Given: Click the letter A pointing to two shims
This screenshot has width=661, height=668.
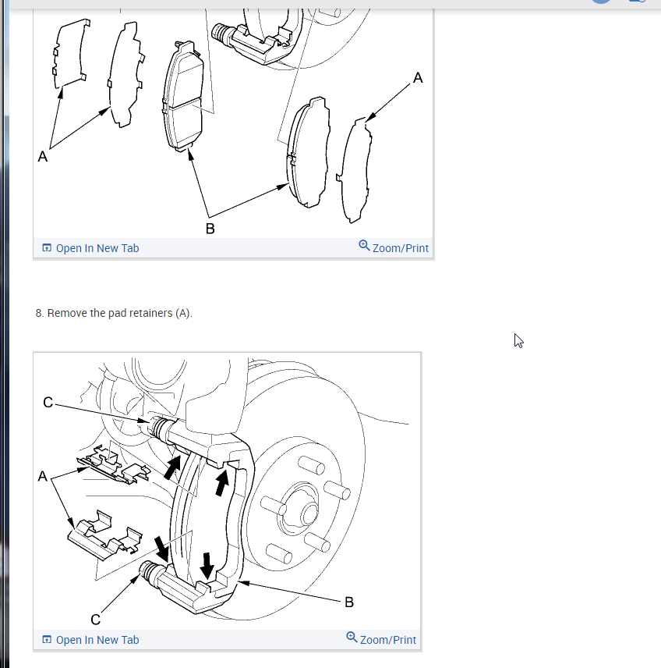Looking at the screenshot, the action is pyautogui.click(x=43, y=156).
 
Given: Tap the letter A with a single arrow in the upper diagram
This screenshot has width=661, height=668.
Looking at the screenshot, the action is pyautogui.click(x=418, y=77).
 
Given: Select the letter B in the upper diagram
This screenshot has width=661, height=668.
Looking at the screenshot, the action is pyautogui.click(x=210, y=229).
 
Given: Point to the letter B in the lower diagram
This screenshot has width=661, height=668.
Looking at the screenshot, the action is pyautogui.click(x=349, y=602).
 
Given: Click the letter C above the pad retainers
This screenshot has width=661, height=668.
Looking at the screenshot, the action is pyautogui.click(x=48, y=402).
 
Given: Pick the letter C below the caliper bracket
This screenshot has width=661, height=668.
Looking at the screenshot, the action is pyautogui.click(x=96, y=620).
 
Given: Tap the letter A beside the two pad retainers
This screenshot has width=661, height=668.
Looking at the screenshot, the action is pyautogui.click(x=43, y=476).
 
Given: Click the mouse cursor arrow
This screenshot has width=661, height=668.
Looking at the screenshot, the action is pyautogui.click(x=518, y=340).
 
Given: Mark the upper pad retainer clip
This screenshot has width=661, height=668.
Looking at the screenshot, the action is pyautogui.click(x=113, y=465).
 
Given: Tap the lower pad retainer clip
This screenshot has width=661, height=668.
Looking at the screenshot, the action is pyautogui.click(x=104, y=535).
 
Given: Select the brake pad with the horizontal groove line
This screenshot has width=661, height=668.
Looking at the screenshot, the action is pyautogui.click(x=183, y=96).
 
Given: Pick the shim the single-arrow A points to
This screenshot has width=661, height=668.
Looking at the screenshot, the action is pyautogui.click(x=354, y=170).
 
